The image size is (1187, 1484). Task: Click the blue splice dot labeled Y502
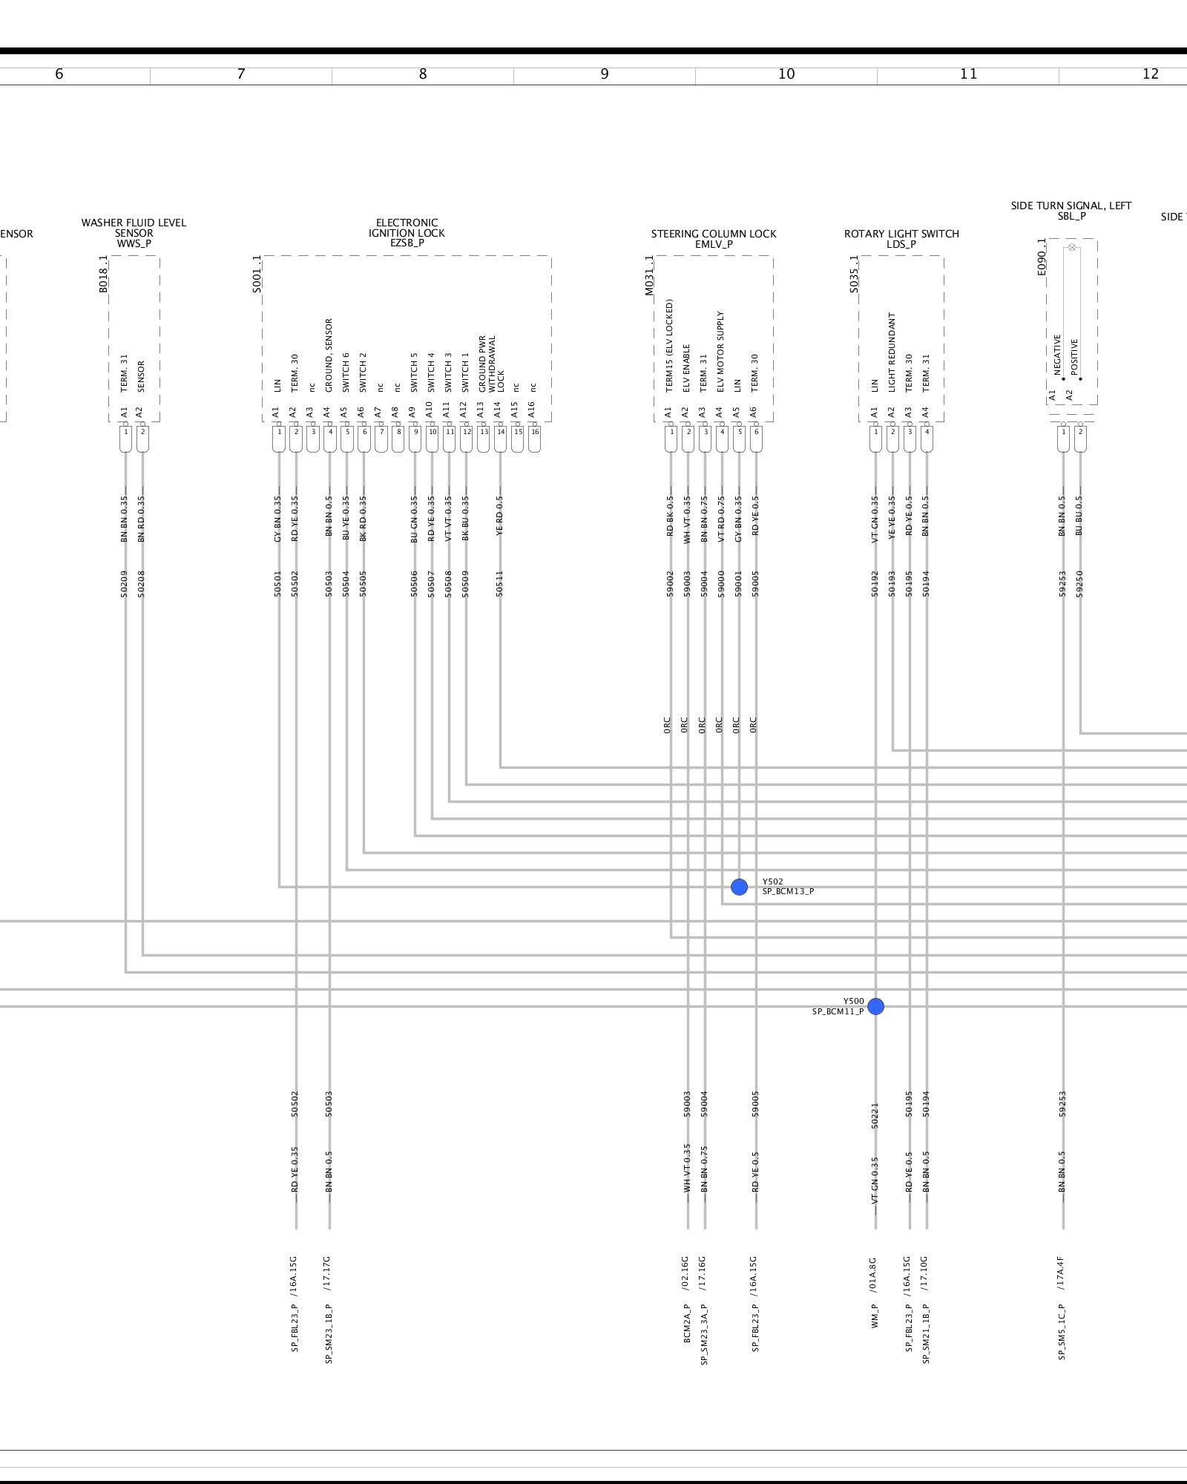click(x=739, y=887)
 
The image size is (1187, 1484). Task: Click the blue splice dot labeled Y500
click(x=875, y=1006)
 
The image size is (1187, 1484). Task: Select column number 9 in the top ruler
click(x=605, y=74)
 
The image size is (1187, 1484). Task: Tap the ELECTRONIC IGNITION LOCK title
click(x=407, y=232)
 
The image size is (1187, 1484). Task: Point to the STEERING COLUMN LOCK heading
click(x=714, y=234)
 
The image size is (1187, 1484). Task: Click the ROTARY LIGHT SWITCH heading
click(x=901, y=234)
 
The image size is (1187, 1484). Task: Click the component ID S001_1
click(x=257, y=274)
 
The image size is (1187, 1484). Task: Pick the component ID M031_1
click(x=649, y=275)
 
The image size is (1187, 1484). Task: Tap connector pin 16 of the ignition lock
click(x=535, y=432)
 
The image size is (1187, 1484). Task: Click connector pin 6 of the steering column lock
click(x=756, y=432)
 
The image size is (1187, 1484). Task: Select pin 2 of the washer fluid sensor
click(x=142, y=432)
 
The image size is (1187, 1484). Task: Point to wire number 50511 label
click(x=499, y=583)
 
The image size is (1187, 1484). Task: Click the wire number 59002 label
click(x=670, y=583)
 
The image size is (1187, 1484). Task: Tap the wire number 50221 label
click(x=875, y=1116)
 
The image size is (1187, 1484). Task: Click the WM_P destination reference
click(x=875, y=1316)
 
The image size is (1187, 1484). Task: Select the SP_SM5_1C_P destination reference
click(x=1062, y=1331)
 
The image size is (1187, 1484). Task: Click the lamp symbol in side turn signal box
click(x=1071, y=247)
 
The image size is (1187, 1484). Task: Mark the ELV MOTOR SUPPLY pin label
click(x=720, y=351)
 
